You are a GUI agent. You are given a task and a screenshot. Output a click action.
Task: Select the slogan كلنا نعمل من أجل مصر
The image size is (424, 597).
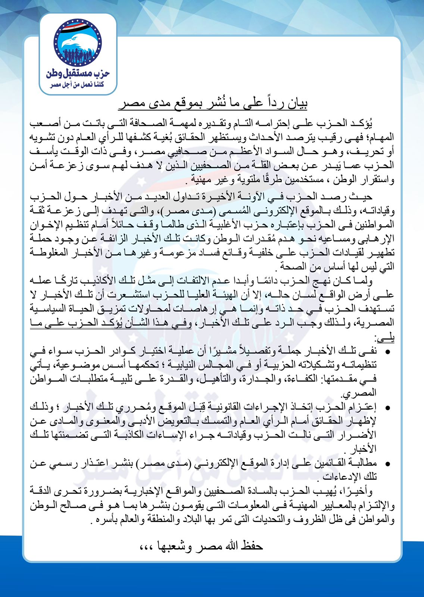78,85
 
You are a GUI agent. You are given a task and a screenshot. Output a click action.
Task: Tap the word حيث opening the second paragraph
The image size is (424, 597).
362,197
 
